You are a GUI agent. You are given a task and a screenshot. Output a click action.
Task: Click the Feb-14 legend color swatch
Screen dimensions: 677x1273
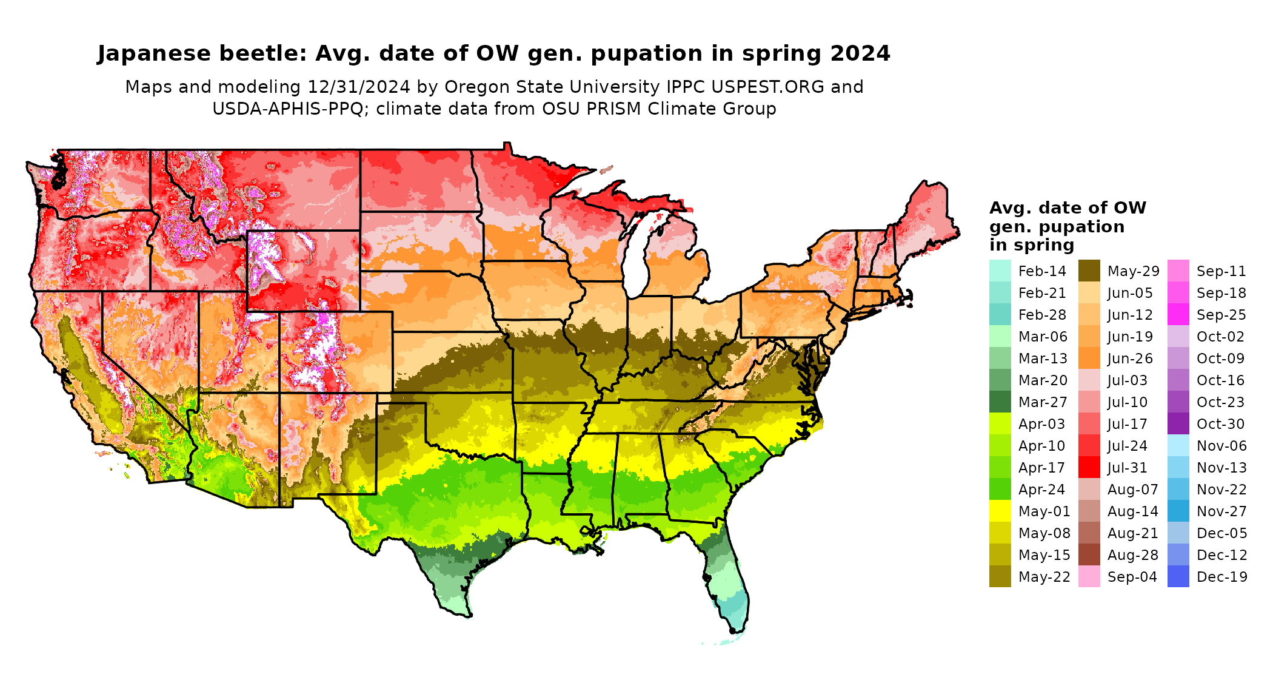tap(1000, 271)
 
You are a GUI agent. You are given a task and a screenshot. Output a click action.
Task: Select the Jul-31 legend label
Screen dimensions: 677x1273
tap(1128, 468)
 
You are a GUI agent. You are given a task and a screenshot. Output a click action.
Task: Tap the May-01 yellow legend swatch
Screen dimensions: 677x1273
tap(1000, 511)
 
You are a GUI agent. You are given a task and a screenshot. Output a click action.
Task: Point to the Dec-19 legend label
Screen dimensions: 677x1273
tap(1221, 577)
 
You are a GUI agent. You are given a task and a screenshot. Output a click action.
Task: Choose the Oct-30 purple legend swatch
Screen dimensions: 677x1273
tap(1178, 424)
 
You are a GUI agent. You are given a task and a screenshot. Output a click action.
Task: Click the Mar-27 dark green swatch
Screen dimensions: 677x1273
tap(1000, 402)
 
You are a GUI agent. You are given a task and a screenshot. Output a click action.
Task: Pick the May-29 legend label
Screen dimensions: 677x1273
tap(1133, 271)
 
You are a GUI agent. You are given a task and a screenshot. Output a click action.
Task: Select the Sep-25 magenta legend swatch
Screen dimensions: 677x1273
tap(1178, 315)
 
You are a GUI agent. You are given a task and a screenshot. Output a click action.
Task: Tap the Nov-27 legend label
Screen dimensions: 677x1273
tap(1221, 511)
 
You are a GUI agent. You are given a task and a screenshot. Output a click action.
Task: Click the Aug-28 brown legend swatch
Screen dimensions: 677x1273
tap(1089, 555)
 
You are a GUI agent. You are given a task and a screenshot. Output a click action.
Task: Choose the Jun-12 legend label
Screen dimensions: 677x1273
tap(1130, 315)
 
